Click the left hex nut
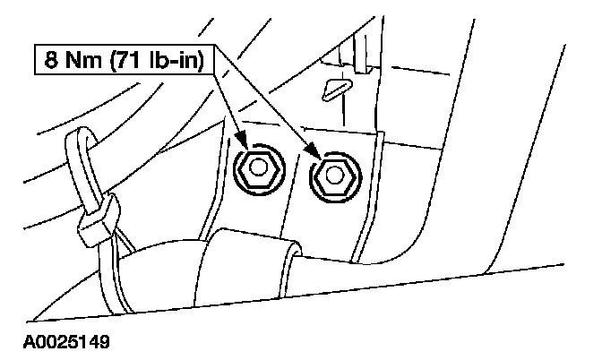[x=257, y=169]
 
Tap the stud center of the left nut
[x=256, y=167]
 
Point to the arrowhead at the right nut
[x=314, y=150]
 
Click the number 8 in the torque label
[x=51, y=60]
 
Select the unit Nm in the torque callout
[x=83, y=60]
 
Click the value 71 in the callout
[x=130, y=60]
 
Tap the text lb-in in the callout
[x=174, y=60]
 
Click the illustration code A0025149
[x=66, y=341]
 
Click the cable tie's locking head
[x=99, y=219]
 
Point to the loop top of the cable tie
[x=80, y=132]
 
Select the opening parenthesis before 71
[x=113, y=60]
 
